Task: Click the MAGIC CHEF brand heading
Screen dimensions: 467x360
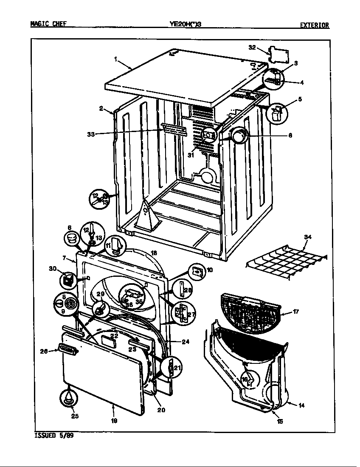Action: pyautogui.click(x=48, y=25)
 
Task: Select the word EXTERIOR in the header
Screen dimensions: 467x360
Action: pyautogui.click(x=315, y=25)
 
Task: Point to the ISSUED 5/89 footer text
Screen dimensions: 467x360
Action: pyautogui.click(x=53, y=436)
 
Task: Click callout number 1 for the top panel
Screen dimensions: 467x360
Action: pyautogui.click(x=115, y=59)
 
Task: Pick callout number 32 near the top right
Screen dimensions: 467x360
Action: pyautogui.click(x=252, y=48)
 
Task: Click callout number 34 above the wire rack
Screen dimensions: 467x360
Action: pyautogui.click(x=307, y=237)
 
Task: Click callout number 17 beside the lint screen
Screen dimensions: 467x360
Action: pyautogui.click(x=295, y=312)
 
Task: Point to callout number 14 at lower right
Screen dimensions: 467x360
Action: pyautogui.click(x=301, y=405)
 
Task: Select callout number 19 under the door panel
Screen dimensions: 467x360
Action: pyautogui.click(x=114, y=421)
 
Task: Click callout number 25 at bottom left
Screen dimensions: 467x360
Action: pyautogui.click(x=75, y=416)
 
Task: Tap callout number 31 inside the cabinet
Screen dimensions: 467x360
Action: pyautogui.click(x=191, y=155)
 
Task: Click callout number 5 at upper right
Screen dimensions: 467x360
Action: pyautogui.click(x=300, y=99)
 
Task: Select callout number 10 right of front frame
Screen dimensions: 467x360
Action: pyautogui.click(x=209, y=270)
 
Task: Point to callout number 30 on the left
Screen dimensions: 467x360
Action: pyautogui.click(x=53, y=268)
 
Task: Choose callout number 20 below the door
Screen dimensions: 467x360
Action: pyautogui.click(x=161, y=410)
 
